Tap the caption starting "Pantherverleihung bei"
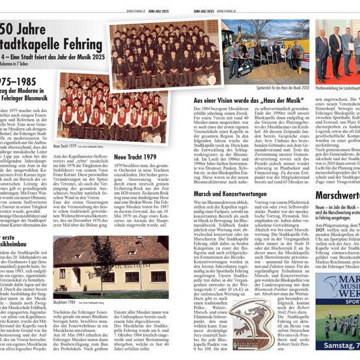338,87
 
